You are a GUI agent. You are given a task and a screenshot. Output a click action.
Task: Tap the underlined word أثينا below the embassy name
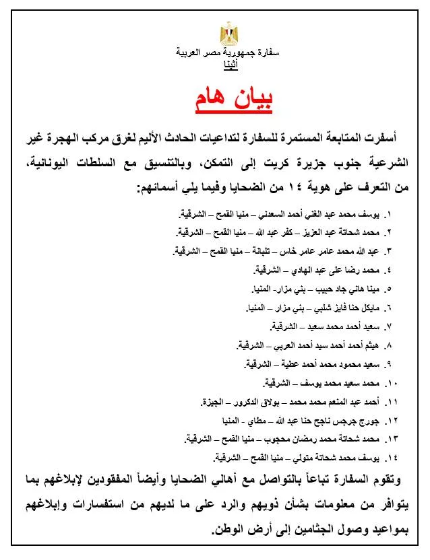pyautogui.click(x=230, y=65)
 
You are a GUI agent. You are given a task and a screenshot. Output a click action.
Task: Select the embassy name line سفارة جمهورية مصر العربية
pyautogui.click(x=230, y=53)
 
